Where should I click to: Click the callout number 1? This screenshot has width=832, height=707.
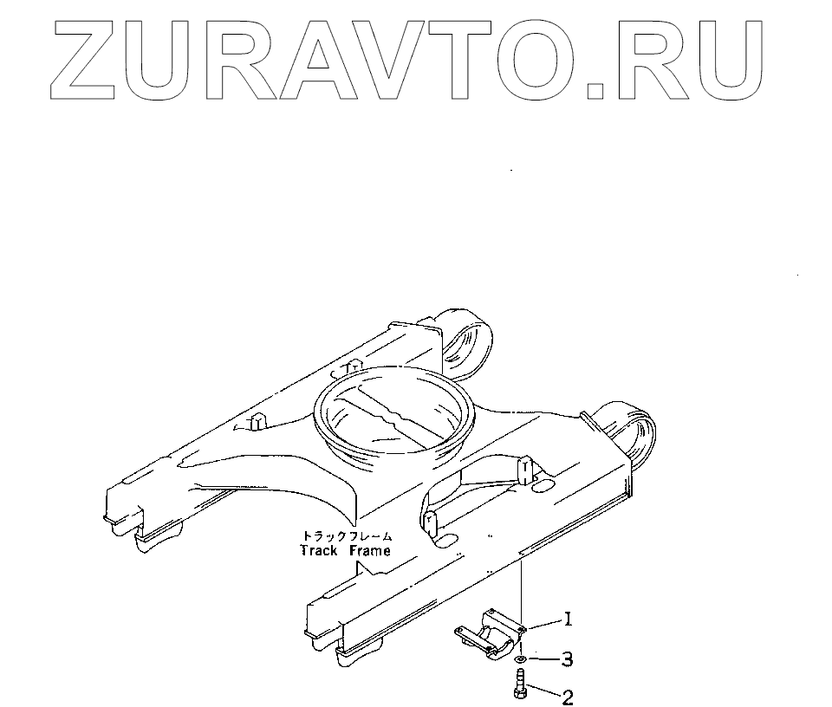568,619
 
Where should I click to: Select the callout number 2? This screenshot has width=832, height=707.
568,696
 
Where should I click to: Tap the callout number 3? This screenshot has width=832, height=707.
567,660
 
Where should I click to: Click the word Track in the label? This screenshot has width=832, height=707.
318,550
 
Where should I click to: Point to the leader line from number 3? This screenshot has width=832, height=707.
542,660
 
